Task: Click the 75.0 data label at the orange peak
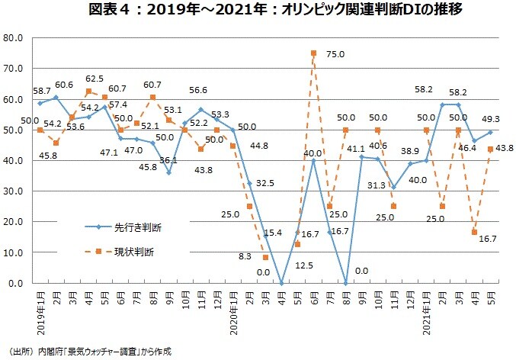click(337, 54)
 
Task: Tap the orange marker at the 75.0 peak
click(313, 53)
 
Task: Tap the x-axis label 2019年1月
click(40, 309)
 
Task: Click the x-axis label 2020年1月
click(233, 309)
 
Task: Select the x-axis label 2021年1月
click(427, 309)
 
